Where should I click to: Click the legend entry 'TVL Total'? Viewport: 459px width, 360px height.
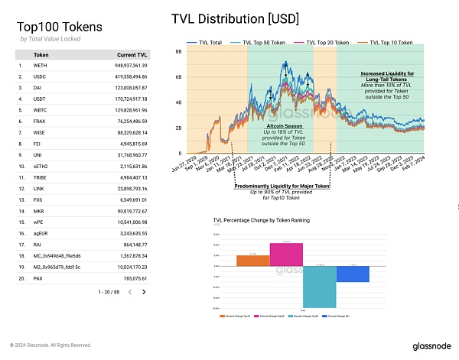tap(210, 42)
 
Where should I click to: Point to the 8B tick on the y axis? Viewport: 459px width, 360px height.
tap(177, 52)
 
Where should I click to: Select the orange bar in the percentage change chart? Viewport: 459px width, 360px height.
tap(253, 260)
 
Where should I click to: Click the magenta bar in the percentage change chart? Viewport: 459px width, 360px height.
tap(286, 254)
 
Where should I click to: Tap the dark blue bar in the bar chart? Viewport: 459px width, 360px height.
tap(353, 274)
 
